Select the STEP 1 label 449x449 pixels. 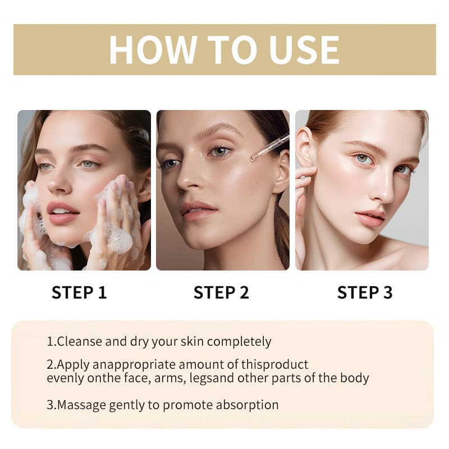click(x=79, y=292)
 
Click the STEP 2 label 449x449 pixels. click(x=221, y=292)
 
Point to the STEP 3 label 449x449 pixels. click(x=364, y=292)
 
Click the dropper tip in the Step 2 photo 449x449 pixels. click(x=254, y=157)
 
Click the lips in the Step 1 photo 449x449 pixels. click(x=63, y=213)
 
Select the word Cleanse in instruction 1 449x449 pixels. click(x=80, y=341)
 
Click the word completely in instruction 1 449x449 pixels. click(x=239, y=342)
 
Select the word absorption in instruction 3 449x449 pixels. click(x=247, y=405)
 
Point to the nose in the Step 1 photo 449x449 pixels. click(x=59, y=182)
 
